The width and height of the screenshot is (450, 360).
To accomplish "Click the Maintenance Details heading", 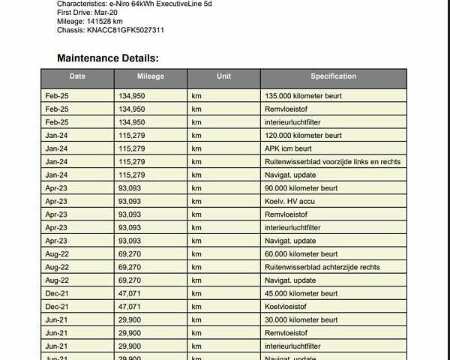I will point(107,58).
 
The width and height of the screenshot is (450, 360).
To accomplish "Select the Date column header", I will point(77,76).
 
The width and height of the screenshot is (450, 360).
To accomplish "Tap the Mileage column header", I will point(150,76).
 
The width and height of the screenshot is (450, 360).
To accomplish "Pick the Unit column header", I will point(223,76).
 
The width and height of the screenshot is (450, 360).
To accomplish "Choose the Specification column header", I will point(333,76).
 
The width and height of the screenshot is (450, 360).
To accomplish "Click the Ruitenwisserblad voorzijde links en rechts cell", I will point(332,162).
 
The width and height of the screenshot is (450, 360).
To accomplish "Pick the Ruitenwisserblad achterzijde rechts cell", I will point(322,267).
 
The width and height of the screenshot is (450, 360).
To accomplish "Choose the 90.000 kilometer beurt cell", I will point(301,188).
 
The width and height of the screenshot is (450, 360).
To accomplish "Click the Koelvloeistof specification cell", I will point(286,306).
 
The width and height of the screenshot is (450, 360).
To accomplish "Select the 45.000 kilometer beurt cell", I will point(301,293).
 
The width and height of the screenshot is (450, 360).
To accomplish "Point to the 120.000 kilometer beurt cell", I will point(303,136).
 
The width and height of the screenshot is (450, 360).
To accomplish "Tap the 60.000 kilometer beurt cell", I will point(301,254).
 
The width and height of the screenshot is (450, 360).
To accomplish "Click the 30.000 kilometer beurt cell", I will point(301,319).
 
